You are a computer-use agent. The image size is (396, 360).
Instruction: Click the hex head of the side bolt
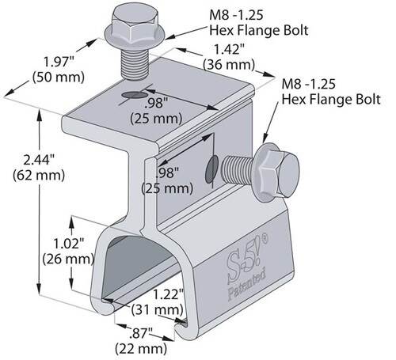coord(276,173)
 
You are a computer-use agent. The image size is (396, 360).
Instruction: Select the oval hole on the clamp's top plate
coord(134,95)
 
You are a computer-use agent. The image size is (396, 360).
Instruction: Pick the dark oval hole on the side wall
coord(212,169)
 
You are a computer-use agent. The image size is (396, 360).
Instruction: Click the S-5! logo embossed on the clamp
coord(244,263)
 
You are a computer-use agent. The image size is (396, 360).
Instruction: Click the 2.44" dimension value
coord(39,160)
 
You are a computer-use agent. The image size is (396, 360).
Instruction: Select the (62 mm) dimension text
coord(39,175)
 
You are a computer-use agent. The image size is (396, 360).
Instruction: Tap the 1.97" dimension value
coord(59,63)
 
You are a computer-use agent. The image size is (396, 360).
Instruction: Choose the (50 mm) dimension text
coord(59,78)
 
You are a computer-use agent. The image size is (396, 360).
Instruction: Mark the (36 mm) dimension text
coord(229,65)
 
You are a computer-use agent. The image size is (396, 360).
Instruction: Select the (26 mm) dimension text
coord(69,259)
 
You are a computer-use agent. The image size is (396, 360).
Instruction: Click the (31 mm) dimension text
coord(157,309)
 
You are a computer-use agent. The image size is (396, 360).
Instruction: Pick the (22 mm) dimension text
coord(141,349)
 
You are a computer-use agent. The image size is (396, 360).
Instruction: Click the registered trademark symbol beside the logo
coord(265,238)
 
